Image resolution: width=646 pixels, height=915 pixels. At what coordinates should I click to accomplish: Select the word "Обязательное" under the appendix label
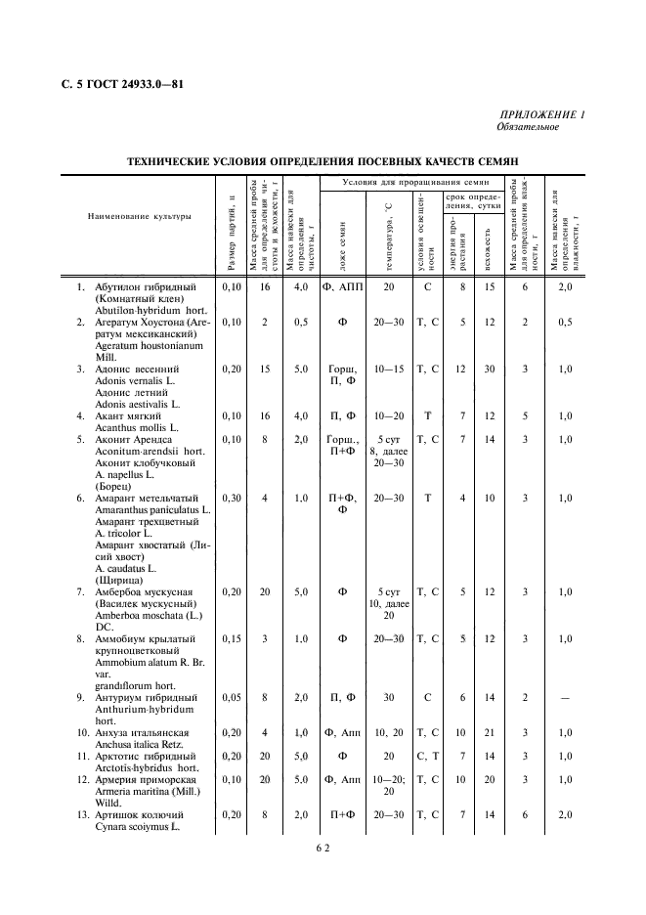[527, 128]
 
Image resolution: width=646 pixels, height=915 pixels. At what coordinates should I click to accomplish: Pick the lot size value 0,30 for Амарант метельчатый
[231, 498]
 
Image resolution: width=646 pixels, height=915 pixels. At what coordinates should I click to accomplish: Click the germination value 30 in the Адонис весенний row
[490, 369]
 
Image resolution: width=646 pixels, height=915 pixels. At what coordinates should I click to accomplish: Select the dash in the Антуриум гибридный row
[563, 697]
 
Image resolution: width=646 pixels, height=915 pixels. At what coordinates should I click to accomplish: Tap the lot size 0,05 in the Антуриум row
[231, 697]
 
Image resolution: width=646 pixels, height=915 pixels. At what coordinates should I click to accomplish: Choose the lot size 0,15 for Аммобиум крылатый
[231, 638]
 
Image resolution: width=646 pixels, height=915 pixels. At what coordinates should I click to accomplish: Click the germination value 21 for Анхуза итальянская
[490, 732]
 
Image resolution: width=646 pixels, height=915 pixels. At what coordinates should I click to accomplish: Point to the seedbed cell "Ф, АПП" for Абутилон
[342, 287]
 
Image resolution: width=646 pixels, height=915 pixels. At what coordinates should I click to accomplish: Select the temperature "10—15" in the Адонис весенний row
[388, 369]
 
